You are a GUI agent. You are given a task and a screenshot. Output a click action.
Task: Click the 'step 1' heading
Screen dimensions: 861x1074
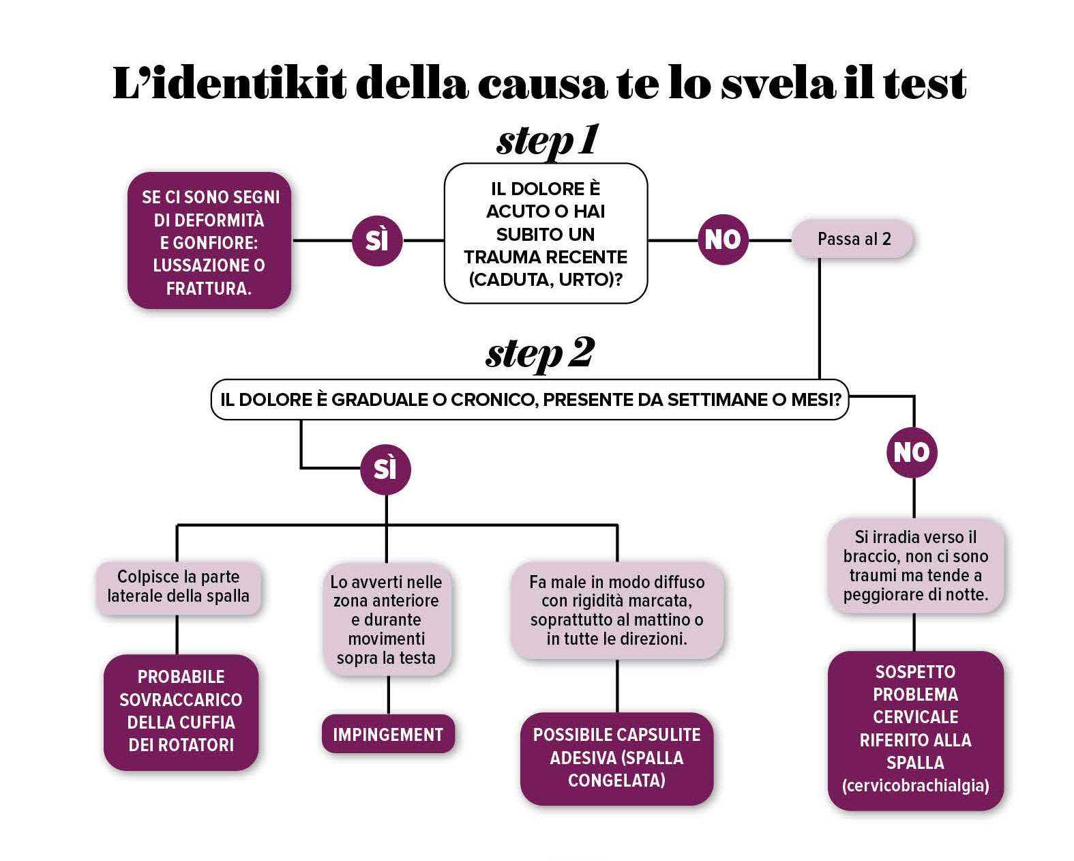(548, 141)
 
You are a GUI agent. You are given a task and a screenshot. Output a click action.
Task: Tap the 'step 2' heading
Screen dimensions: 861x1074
(540, 353)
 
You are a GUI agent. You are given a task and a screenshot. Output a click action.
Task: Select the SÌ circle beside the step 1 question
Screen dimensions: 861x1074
(377, 240)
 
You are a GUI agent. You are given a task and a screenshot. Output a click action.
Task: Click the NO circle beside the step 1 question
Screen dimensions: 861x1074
(722, 239)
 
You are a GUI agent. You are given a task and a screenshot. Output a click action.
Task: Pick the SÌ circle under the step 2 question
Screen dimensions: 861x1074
(385, 469)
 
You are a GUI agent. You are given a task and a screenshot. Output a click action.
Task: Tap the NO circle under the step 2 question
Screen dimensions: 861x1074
(912, 452)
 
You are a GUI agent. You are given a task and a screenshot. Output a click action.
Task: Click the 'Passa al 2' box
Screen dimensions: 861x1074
(852, 239)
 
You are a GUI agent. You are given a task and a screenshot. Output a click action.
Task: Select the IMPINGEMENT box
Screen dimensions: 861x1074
(388, 734)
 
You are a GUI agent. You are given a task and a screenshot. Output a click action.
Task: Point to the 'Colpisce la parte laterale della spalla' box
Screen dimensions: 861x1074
(179, 587)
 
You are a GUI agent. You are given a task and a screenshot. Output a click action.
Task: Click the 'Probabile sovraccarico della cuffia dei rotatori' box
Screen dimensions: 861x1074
(181, 711)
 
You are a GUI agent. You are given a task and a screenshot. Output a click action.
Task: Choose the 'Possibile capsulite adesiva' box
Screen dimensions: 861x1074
(616, 757)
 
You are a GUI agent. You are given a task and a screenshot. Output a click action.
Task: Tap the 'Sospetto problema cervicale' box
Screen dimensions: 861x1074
(915, 729)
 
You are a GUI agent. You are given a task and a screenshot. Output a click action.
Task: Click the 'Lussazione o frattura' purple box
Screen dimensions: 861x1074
(209, 242)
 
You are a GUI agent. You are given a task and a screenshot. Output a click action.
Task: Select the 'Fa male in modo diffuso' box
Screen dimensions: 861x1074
(616, 610)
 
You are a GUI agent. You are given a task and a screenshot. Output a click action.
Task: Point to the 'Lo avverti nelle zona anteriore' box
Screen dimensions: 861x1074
(387, 619)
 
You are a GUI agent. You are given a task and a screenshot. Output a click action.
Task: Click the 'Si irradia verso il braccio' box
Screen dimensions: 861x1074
(915, 566)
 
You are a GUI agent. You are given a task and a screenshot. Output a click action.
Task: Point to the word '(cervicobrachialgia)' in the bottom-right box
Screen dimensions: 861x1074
(915, 785)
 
